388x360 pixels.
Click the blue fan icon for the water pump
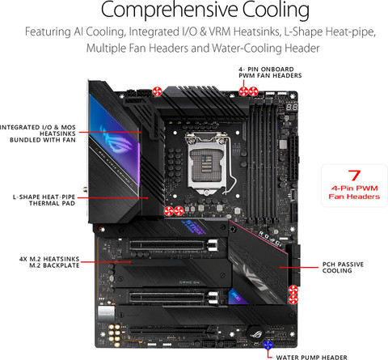tap(268, 346)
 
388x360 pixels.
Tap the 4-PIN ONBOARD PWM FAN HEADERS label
tap(270, 74)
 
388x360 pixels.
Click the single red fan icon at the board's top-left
tap(159, 90)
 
